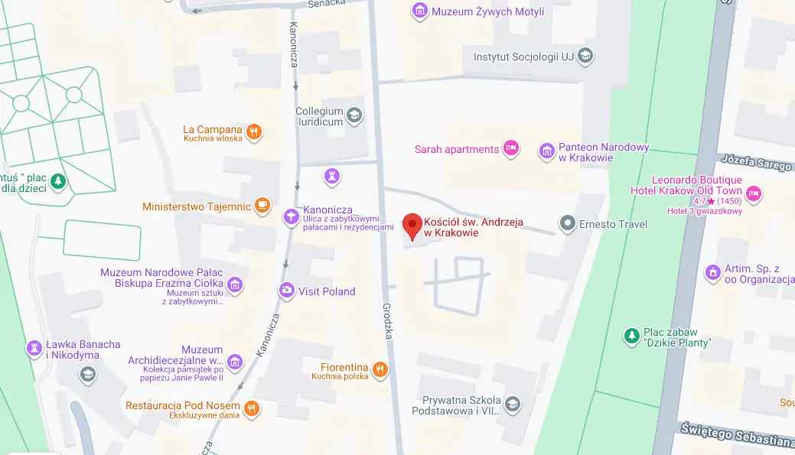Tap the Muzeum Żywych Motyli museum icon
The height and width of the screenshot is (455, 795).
[x=419, y=11]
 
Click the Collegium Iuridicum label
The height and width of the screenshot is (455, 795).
[x=320, y=116]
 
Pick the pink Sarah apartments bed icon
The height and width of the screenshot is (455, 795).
[x=511, y=148]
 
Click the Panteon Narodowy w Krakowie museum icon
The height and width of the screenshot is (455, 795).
[x=547, y=151]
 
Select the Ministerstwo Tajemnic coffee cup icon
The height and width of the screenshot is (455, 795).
[x=262, y=205]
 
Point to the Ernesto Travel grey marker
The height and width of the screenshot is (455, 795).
[x=568, y=223]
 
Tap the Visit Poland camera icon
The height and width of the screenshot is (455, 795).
[x=287, y=290]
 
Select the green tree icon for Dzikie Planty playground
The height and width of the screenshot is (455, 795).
[x=631, y=336]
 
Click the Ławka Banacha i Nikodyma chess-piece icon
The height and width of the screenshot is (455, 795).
[x=34, y=349]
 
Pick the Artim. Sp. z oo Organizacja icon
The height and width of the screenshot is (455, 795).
[x=712, y=271]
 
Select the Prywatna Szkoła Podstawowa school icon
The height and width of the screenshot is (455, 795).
[x=511, y=403]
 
